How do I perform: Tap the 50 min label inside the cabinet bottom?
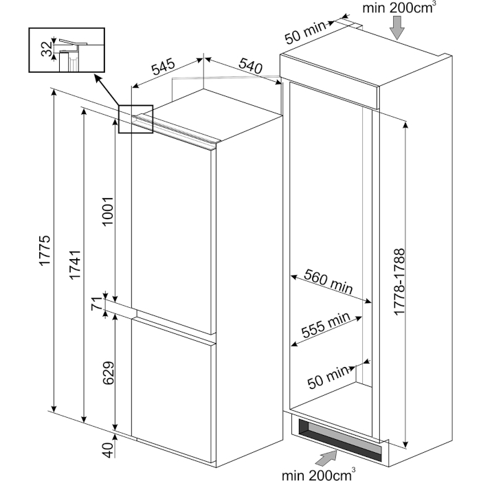328,377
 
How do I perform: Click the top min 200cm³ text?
392,8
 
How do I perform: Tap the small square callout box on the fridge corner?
135,118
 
